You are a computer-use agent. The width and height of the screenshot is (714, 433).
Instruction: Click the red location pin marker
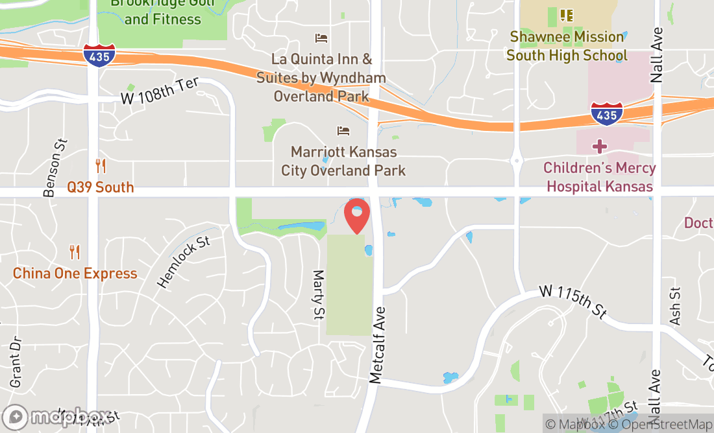(357, 216)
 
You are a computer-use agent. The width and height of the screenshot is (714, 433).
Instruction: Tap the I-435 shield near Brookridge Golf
(99, 55)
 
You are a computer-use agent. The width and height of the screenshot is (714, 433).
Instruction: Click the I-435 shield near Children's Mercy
(606, 113)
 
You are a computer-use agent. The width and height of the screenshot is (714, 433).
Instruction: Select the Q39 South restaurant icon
(101, 166)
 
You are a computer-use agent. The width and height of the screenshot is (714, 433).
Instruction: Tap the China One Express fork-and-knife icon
(75, 252)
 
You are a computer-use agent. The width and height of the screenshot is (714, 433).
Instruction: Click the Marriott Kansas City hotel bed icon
(343, 131)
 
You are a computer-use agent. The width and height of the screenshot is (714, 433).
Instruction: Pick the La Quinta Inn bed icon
(321, 38)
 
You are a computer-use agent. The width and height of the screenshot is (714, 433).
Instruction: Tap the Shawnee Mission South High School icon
(566, 15)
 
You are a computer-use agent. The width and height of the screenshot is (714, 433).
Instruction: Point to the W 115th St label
(573, 302)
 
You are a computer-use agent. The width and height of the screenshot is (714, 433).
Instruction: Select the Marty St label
(319, 295)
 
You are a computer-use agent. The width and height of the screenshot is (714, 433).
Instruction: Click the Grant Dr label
(16, 362)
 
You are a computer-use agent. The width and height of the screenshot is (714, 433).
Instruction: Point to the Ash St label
(675, 307)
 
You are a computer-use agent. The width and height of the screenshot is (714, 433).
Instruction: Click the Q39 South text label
(101, 187)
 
